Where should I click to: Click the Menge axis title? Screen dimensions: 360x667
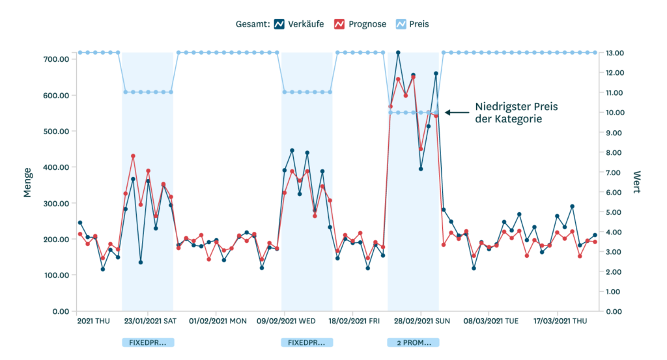point(28,182)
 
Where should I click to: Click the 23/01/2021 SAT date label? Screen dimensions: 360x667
point(150,321)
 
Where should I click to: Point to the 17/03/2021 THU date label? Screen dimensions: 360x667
point(560,321)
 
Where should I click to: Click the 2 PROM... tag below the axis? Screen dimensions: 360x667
point(413,342)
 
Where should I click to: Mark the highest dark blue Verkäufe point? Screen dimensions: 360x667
point(398,53)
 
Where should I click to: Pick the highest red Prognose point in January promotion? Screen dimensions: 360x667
point(133,156)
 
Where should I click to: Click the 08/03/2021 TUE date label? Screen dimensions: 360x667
point(490,321)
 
